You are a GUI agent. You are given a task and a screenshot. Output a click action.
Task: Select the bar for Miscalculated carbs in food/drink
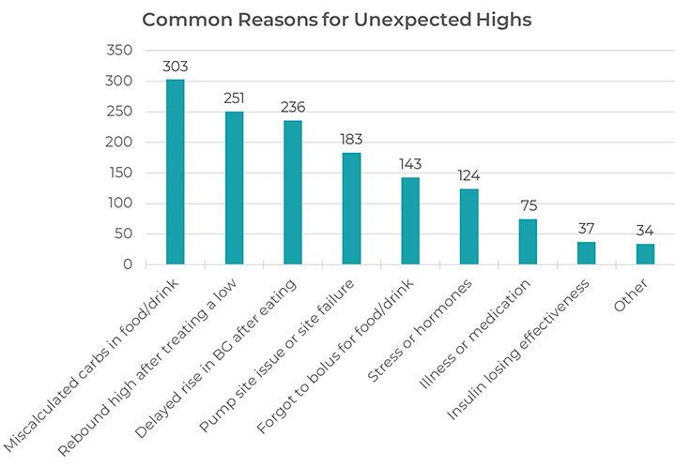click(175, 173)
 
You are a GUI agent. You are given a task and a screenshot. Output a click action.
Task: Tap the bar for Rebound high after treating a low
click(234, 188)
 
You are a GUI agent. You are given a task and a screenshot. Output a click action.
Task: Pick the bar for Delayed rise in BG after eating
click(293, 193)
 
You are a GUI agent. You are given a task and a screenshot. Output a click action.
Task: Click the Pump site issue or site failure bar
click(351, 209)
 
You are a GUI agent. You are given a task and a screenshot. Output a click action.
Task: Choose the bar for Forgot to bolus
click(410, 221)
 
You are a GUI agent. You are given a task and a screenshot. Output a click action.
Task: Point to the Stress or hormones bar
click(468, 227)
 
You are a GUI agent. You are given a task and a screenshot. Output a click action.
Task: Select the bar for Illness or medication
click(528, 242)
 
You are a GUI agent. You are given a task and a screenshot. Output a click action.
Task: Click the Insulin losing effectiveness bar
click(586, 253)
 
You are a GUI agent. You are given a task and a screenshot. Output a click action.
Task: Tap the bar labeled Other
click(645, 254)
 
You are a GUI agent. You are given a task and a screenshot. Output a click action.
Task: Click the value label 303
click(176, 68)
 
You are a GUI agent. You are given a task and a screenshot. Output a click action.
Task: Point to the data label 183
click(351, 141)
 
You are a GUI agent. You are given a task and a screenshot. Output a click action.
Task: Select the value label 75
click(528, 206)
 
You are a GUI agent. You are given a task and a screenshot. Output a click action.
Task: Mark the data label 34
click(645, 231)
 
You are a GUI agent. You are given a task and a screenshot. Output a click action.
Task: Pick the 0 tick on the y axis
click(127, 264)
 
